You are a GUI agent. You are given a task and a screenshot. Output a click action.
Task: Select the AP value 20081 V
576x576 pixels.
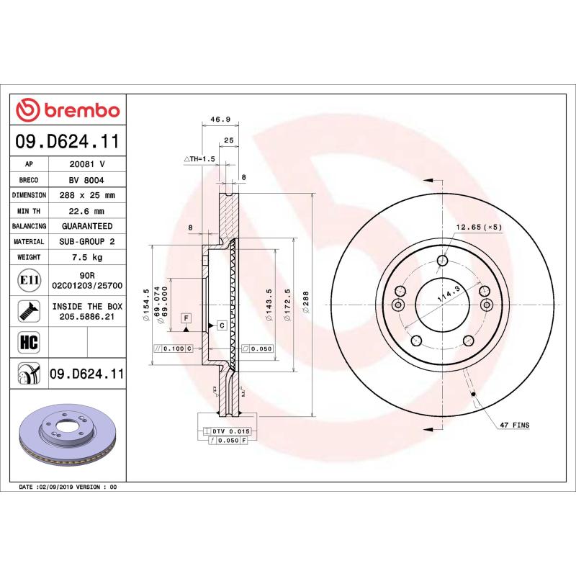click(x=87, y=163)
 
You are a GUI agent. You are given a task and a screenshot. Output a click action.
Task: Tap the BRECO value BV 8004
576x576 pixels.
click(x=87, y=179)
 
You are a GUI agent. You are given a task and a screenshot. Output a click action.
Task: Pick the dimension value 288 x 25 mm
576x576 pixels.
click(x=87, y=195)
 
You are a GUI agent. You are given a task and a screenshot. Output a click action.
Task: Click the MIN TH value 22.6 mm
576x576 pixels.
click(x=87, y=211)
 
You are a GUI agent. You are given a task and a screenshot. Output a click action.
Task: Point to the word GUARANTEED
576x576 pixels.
click(x=87, y=226)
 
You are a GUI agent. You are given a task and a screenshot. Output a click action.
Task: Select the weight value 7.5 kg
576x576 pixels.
click(x=87, y=257)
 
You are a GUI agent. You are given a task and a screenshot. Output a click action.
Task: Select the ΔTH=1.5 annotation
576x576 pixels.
click(x=200, y=158)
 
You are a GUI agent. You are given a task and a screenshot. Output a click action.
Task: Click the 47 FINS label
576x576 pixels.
click(x=514, y=426)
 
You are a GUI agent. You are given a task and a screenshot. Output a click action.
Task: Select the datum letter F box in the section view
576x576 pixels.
click(x=185, y=318)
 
